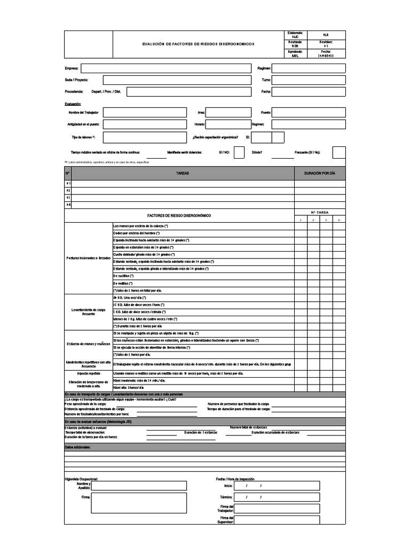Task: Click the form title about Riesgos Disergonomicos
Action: point(198,44)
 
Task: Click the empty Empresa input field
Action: point(165,68)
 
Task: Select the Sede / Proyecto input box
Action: point(165,80)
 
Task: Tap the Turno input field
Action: point(309,80)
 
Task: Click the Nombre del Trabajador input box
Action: point(145,113)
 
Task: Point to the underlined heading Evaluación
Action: point(73,104)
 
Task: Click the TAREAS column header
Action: point(182,174)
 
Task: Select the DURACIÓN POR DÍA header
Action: point(320,174)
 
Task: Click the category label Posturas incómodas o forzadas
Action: point(88,258)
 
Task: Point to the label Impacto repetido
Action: point(88,373)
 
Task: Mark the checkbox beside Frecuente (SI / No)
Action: point(338,152)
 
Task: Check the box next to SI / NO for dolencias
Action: point(239,152)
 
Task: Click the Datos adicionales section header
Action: point(78,447)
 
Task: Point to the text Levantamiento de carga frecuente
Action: point(88,312)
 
